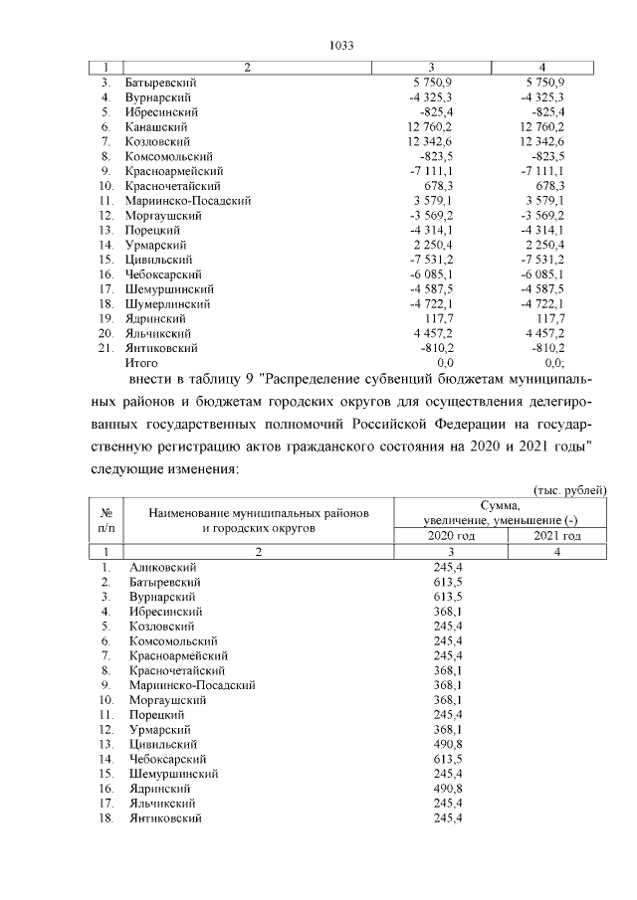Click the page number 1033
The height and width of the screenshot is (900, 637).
click(x=341, y=45)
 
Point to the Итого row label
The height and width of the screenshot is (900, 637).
click(x=141, y=363)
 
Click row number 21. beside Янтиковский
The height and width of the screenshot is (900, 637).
click(x=105, y=348)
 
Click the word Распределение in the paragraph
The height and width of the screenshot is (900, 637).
click(x=318, y=379)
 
